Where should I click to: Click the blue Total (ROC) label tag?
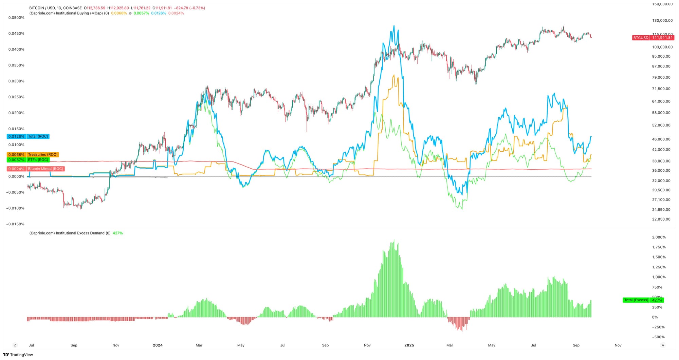pos(28,136)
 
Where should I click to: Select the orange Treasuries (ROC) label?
pos(33,155)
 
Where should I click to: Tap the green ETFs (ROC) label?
pos(28,160)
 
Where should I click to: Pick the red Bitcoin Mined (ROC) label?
pos(36,169)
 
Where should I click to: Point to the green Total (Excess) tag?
pos(643,300)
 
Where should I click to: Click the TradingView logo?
pos(18,355)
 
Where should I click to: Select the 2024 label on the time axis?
pos(158,345)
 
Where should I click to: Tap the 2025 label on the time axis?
pos(409,345)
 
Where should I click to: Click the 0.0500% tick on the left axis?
pos(16,18)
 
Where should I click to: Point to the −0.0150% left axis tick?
pos(15,224)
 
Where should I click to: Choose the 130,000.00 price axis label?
pos(662,20)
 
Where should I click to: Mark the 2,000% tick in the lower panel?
pos(659,237)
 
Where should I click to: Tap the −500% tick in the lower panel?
pos(658,337)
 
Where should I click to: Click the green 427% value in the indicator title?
pos(118,233)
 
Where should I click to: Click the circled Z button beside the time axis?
pos(15,345)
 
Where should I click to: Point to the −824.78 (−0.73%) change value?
pos(189,8)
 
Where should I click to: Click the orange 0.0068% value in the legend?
pos(119,13)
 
